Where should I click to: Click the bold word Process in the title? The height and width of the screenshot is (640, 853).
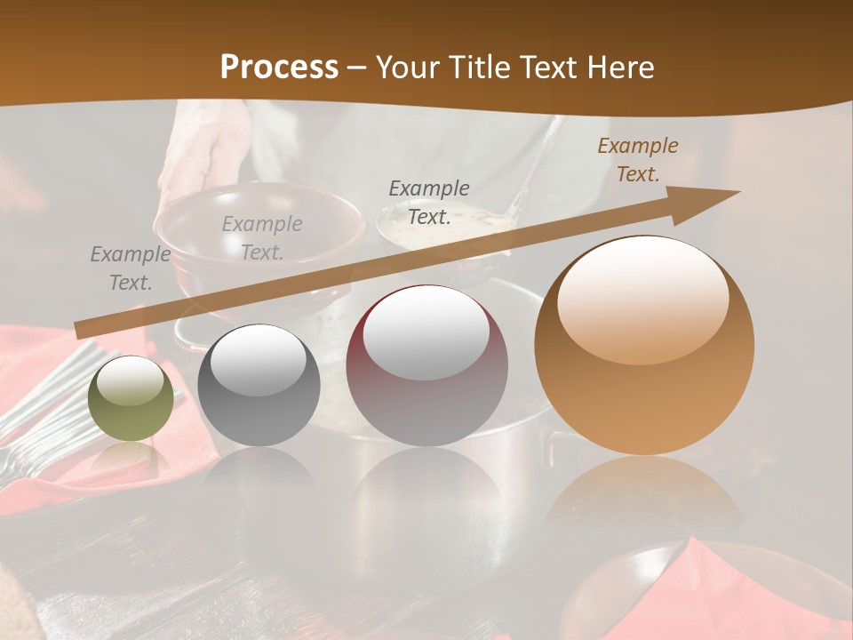tap(279, 67)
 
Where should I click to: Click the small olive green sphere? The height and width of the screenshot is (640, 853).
tap(131, 399)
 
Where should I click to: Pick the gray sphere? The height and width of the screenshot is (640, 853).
tap(259, 386)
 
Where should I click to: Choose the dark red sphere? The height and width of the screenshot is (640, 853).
tap(426, 366)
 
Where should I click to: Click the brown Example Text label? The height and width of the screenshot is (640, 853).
tap(637, 160)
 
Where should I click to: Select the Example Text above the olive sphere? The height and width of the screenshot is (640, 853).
tap(130, 268)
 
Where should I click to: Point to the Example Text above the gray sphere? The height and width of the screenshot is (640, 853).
tap(261, 238)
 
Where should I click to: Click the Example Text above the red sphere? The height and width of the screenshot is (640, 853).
tap(428, 203)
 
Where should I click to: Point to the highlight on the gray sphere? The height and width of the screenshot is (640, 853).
tap(258, 360)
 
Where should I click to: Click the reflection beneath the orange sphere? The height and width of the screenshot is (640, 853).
tap(643, 498)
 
